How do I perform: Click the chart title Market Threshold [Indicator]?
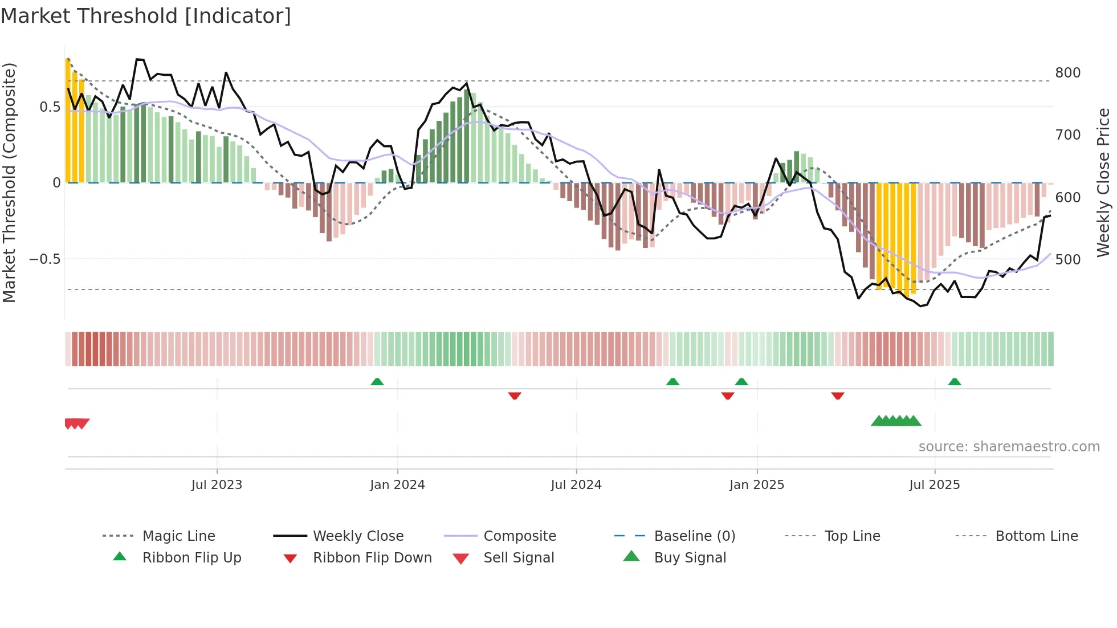click(x=146, y=16)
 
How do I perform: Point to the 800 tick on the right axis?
click(x=1067, y=73)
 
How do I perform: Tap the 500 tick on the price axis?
click(x=1067, y=260)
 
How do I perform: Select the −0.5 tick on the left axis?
click(x=44, y=259)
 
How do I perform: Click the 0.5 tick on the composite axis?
click(x=50, y=107)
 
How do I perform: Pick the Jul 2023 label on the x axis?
click(x=217, y=485)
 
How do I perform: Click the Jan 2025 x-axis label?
click(x=756, y=485)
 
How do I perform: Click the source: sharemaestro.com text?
click(x=1009, y=447)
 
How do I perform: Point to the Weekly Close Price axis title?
click(x=1103, y=182)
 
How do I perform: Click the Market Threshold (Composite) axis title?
click(x=9, y=182)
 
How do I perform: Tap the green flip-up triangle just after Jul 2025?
click(x=955, y=382)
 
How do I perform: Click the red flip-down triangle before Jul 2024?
click(x=515, y=395)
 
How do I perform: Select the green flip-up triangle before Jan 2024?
click(x=377, y=382)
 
